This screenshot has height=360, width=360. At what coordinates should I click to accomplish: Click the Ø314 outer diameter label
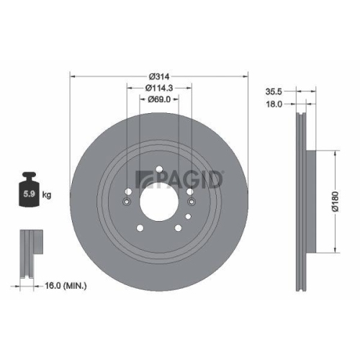tap(158, 76)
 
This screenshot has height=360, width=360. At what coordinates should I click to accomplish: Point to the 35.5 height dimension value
tap(273, 91)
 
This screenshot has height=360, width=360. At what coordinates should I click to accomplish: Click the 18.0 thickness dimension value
tap(273, 104)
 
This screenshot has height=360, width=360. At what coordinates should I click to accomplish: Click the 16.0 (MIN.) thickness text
tap(66, 286)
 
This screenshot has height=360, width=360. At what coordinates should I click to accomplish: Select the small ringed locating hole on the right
tap(191, 193)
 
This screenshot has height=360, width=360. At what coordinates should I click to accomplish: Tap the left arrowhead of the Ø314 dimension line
tap(73, 76)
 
